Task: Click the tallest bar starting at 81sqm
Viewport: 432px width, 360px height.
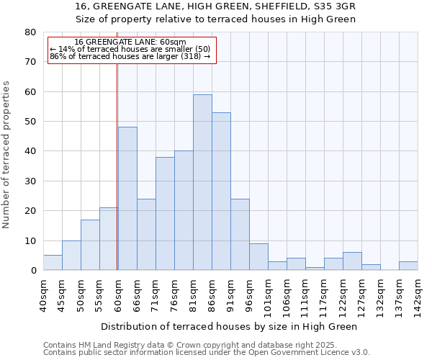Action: tap(202, 182)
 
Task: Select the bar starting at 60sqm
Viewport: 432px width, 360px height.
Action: tap(127, 199)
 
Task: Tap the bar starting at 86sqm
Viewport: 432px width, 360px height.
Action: tap(221, 192)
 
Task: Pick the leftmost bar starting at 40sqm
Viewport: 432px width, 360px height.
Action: tap(53, 263)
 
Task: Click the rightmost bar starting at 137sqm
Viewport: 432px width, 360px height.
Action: tap(408, 266)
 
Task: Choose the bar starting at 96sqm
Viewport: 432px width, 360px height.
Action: tap(258, 257)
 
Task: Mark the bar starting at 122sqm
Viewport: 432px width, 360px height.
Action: tap(352, 261)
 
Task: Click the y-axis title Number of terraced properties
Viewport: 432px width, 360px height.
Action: tap(6, 154)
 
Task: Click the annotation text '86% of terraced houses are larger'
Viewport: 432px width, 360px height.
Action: tap(130, 56)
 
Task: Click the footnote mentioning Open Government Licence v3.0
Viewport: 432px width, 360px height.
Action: tap(207, 353)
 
